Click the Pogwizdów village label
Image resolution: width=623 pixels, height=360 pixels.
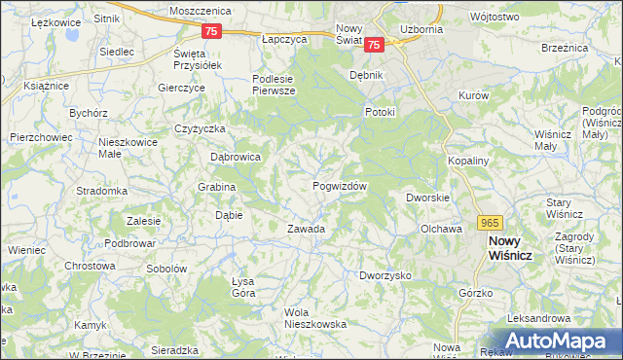point(340,186)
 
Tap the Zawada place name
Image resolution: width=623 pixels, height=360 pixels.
point(305,230)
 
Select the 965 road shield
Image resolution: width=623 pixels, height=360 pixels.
point(490,222)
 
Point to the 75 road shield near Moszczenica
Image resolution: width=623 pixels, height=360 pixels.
point(214,31)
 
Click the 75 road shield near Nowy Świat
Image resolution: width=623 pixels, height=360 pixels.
point(376,45)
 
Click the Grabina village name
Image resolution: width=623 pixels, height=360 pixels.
point(217,187)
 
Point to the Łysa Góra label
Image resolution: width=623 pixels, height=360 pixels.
point(242,287)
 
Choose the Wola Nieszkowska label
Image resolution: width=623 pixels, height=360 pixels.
point(315,318)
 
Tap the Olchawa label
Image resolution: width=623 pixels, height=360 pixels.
point(439,229)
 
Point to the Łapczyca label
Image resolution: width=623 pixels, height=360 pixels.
point(284,40)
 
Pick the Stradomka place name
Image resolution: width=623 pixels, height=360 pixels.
point(102,191)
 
